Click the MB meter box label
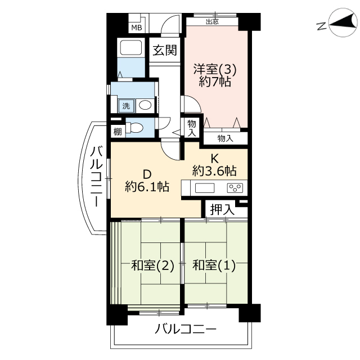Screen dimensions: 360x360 click(137, 28)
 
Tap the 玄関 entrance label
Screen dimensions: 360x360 click(165, 50)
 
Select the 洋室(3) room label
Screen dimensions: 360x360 click(215, 69)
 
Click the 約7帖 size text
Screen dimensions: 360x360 click(215, 82)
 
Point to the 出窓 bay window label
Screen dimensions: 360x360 click(213, 22)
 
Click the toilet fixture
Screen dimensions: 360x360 click(134, 128)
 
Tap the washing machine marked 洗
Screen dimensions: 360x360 click(126, 106)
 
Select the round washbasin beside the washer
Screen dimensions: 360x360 click(145, 105)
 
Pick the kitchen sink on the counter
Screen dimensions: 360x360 click(205, 188)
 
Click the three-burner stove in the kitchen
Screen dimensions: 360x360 click(235, 188)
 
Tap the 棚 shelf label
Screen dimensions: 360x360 click(118, 132)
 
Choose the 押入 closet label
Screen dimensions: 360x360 click(222, 209)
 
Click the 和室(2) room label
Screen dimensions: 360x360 click(152, 265)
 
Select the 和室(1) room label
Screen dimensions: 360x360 click(214, 265)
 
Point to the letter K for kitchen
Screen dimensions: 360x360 click(214, 159)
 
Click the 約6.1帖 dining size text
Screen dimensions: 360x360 click(147, 186)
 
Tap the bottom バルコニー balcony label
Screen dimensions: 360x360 click(186, 329)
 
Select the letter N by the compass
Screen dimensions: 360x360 click(321, 26)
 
